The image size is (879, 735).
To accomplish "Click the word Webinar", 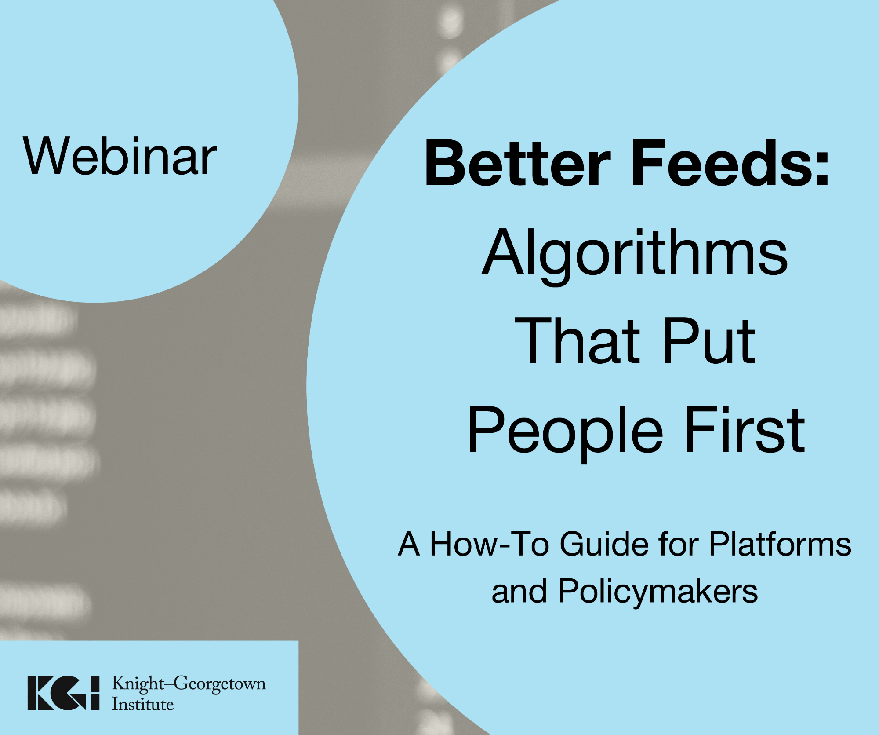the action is pos(120,156).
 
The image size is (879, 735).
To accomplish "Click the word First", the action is pos(745,429).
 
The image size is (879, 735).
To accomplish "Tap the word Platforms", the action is pos(781,544).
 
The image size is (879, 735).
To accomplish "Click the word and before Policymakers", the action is pos(519,591).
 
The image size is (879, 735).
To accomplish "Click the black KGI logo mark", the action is pos(64,693).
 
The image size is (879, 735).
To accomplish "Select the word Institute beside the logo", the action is pos(142,704).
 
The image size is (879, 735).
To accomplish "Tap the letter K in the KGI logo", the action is pos(41,693).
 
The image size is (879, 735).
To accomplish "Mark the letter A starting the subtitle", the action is pos(409,544).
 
